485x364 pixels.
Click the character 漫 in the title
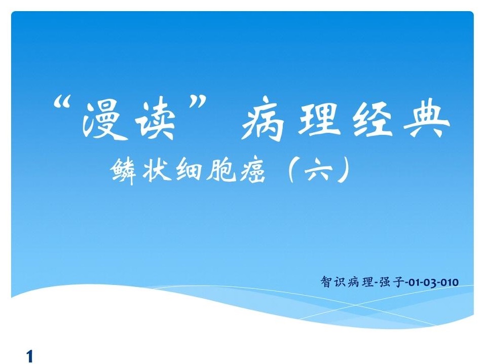(x=101, y=119)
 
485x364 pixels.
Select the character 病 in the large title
(x=263, y=120)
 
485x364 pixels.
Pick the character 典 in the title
(x=428, y=119)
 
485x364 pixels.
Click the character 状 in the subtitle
(x=157, y=170)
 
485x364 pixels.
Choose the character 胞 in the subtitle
(x=220, y=170)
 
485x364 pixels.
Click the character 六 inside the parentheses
(x=319, y=170)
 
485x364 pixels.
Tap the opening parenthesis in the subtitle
(x=291, y=170)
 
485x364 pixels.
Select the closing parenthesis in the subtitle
(x=347, y=170)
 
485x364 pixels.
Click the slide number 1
(x=30, y=356)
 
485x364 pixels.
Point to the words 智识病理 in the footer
(x=347, y=282)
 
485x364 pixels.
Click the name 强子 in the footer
(x=391, y=282)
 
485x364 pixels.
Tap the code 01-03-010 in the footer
(x=433, y=282)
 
